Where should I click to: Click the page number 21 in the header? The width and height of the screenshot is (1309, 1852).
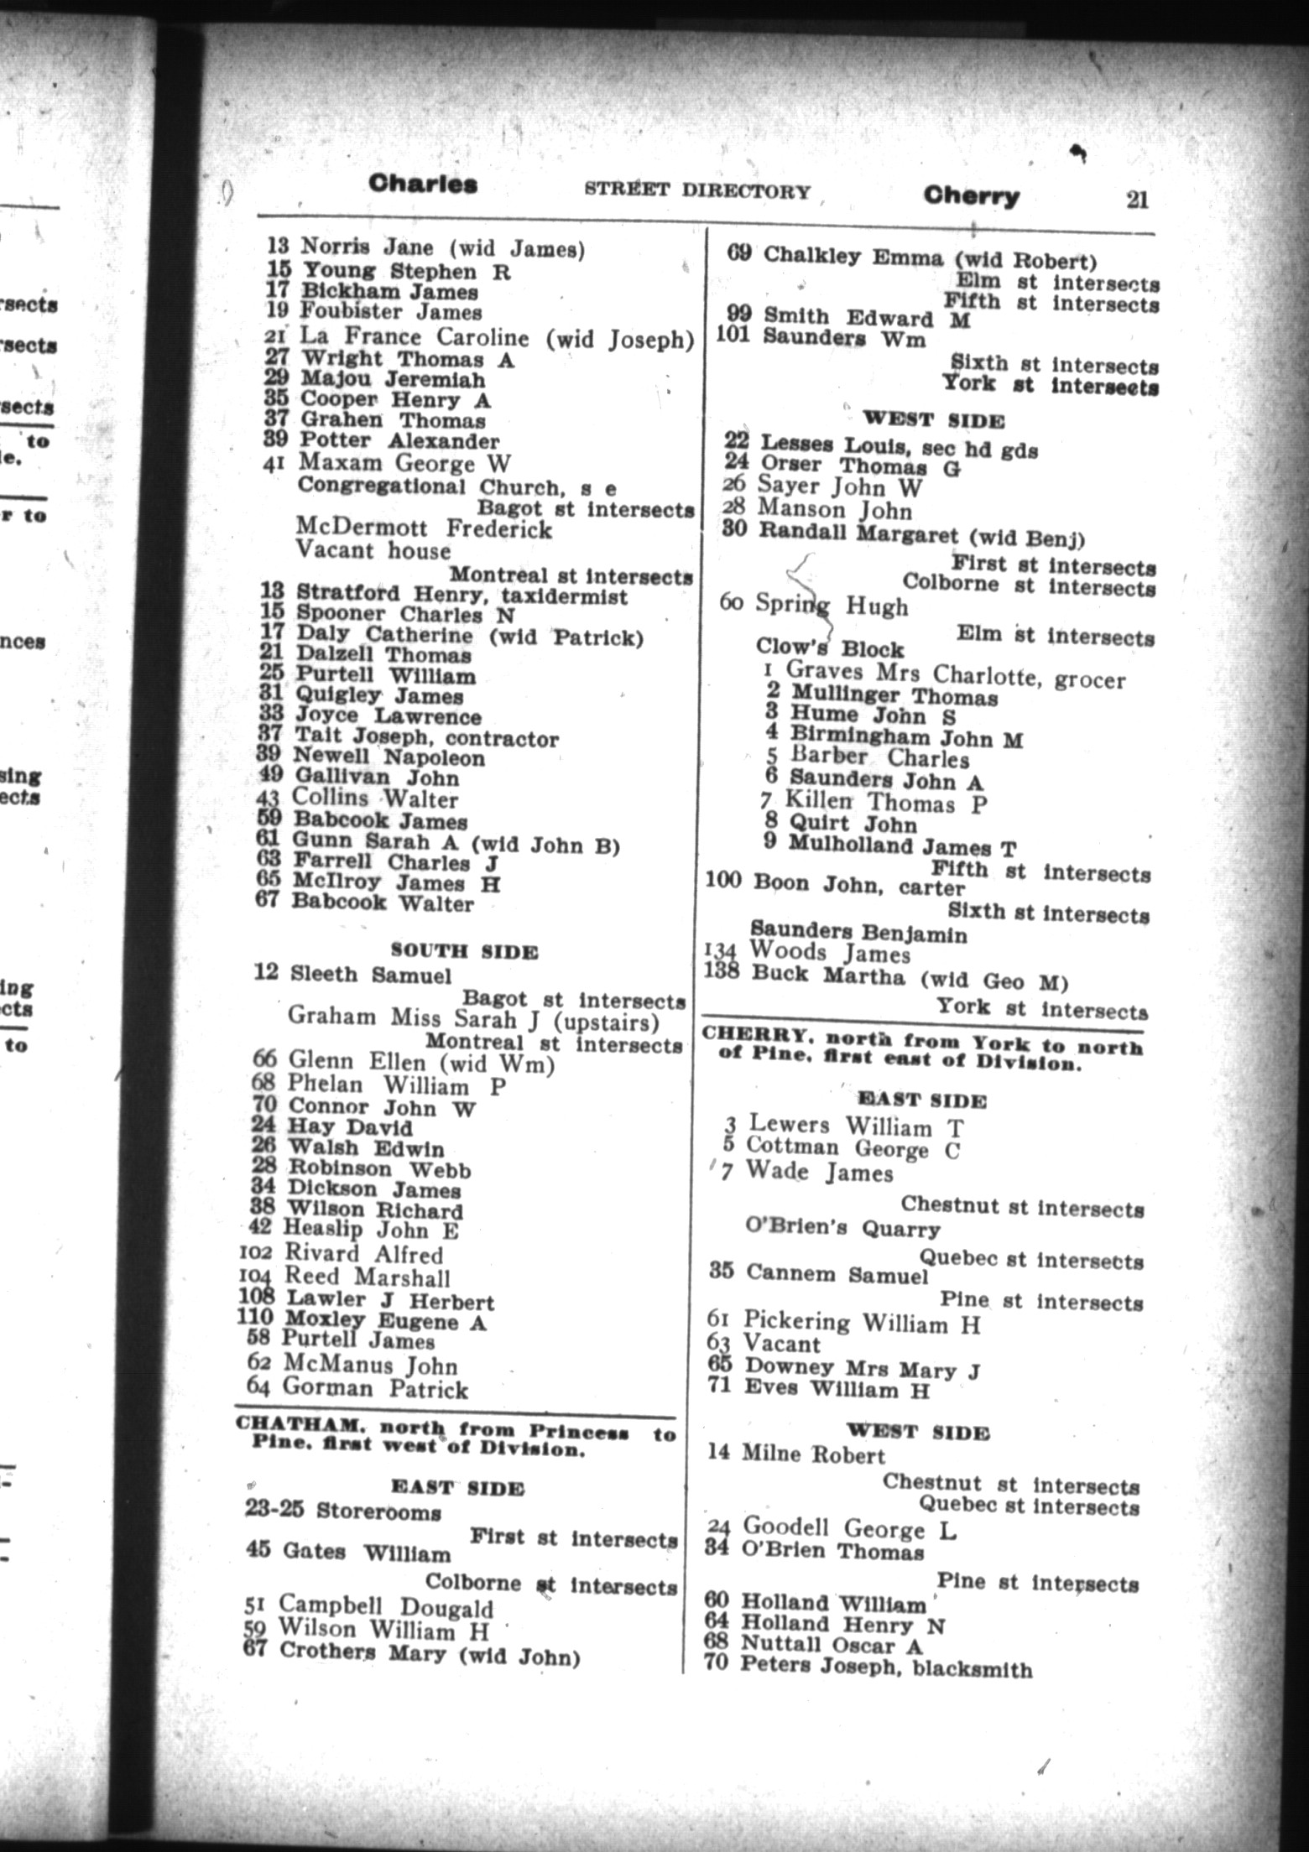point(1136,200)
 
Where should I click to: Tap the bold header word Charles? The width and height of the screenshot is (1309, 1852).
point(423,184)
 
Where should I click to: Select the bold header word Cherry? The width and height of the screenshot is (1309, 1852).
point(971,196)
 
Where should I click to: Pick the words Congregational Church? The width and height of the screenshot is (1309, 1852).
point(428,486)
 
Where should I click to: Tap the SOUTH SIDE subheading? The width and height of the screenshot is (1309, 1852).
point(464,951)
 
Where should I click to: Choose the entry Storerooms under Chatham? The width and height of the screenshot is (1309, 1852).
point(378,1512)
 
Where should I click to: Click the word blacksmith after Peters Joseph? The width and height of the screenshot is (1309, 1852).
point(973,1669)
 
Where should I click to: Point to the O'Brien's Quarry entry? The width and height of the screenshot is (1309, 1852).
point(842,1229)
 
